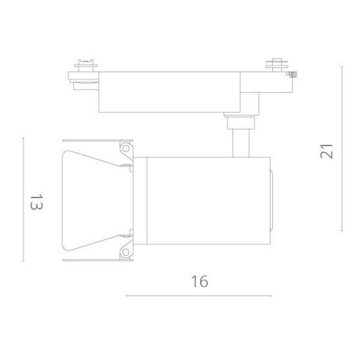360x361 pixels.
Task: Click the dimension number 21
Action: [x=326, y=151]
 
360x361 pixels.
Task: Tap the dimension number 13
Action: [x=35, y=202]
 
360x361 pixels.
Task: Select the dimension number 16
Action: [x=199, y=281]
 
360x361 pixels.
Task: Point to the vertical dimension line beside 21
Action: [x=341, y=148]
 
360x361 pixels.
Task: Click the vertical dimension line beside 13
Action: [x=23, y=200]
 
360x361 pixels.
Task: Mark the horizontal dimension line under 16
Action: [x=198, y=296]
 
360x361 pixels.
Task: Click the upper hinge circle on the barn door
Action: [x=126, y=149]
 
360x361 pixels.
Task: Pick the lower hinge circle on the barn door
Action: [x=126, y=251]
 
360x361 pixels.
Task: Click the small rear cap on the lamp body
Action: [x=272, y=200]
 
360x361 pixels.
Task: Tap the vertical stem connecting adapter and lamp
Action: [x=240, y=142]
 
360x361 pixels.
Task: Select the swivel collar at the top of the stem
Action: [x=240, y=121]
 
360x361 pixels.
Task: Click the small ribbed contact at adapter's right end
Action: [x=294, y=74]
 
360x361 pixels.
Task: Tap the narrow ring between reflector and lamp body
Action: [x=142, y=200]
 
